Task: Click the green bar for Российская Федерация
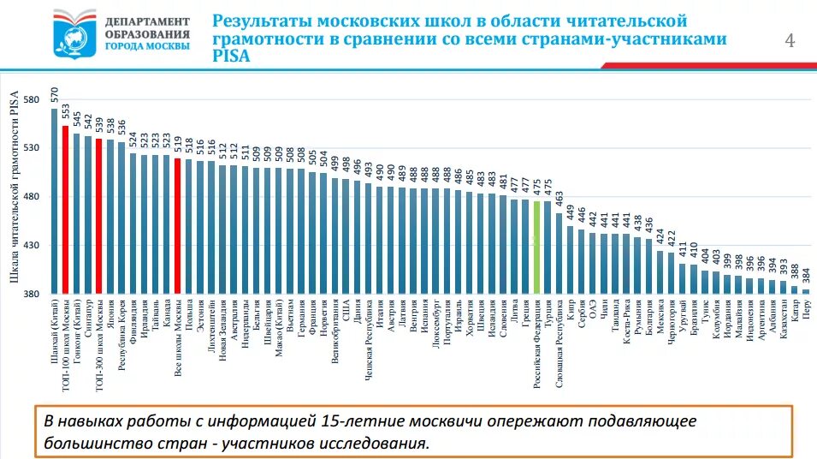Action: [536, 248]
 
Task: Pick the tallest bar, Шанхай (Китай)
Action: [54, 202]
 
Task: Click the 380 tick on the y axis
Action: [32, 295]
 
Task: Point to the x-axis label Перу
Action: [806, 309]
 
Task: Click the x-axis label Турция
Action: [548, 314]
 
